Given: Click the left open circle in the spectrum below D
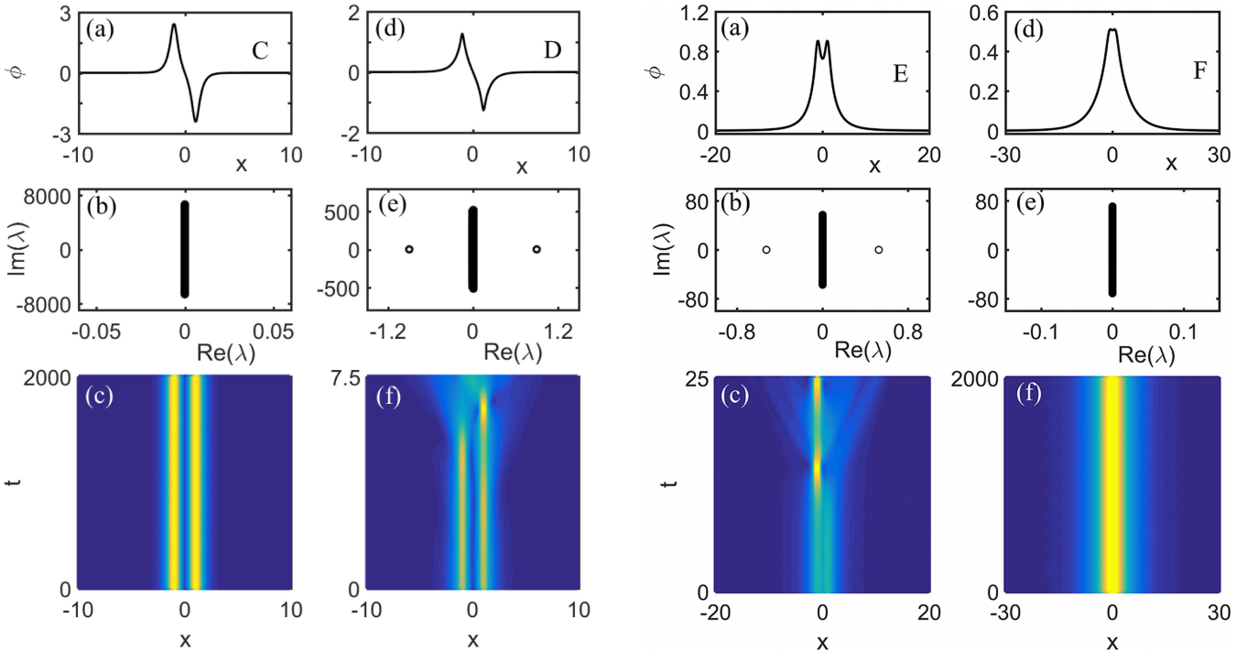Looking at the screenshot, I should pos(409,249).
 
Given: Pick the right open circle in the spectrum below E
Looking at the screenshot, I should pos(878,249).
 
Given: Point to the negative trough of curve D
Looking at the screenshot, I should pos(484,110).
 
